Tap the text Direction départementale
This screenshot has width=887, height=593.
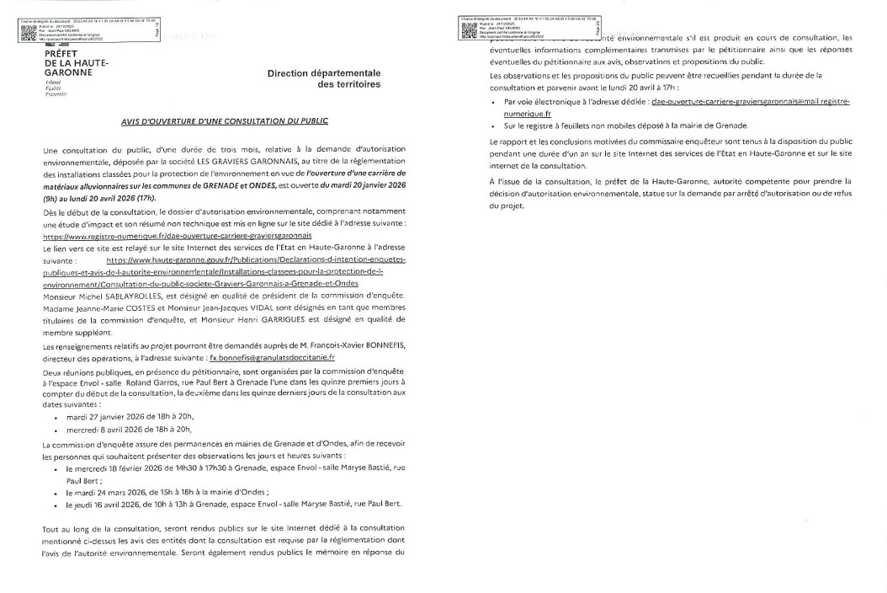[x=323, y=73]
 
